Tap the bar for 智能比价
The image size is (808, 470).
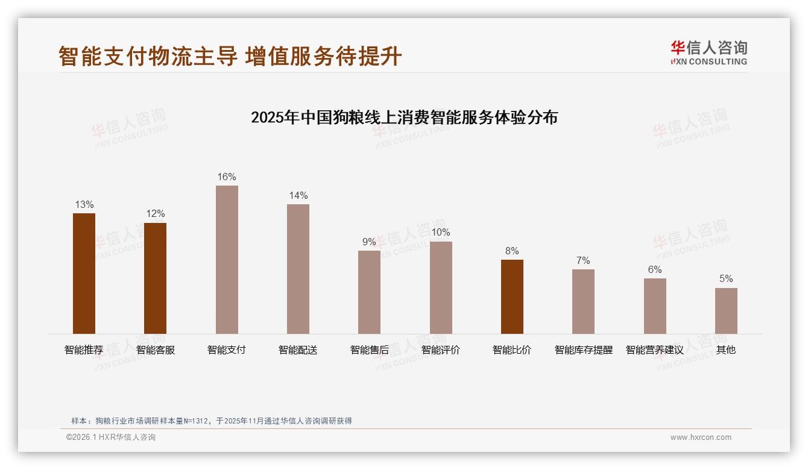512,296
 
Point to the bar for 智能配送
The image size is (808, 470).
298,269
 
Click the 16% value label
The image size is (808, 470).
227,177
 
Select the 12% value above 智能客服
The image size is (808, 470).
155,214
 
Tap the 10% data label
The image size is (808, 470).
441,233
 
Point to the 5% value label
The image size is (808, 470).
726,279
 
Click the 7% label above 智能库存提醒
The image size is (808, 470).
583,261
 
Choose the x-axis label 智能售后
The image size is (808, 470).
369,350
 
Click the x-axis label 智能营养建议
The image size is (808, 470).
654,350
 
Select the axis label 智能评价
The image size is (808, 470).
441,350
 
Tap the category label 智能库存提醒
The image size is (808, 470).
583,350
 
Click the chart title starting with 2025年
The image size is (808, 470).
404,117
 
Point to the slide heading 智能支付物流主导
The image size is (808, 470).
148,56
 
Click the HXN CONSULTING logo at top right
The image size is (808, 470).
709,53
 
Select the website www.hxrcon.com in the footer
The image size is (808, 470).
701,437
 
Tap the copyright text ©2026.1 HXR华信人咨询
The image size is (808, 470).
111,437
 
